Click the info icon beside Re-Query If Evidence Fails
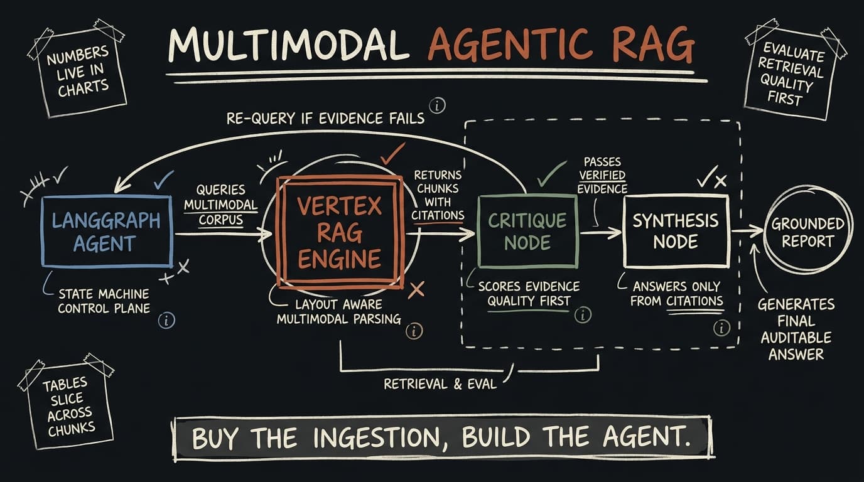437,105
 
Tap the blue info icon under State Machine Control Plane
166,320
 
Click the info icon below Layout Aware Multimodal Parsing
414,331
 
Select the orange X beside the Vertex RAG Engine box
416,289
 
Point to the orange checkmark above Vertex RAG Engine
392,154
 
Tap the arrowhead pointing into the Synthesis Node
615,232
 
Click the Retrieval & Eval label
440,384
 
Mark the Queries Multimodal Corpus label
220,205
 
